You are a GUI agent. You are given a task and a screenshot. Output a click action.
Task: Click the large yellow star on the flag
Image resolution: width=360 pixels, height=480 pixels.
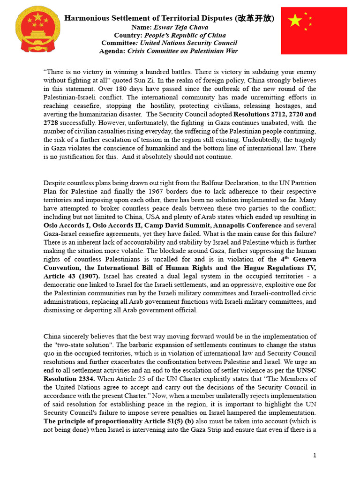click(295, 21)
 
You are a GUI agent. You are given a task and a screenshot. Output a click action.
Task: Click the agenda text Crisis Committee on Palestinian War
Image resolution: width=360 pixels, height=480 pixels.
click(183, 51)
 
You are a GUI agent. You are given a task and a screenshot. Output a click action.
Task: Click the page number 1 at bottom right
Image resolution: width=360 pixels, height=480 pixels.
click(315, 455)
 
